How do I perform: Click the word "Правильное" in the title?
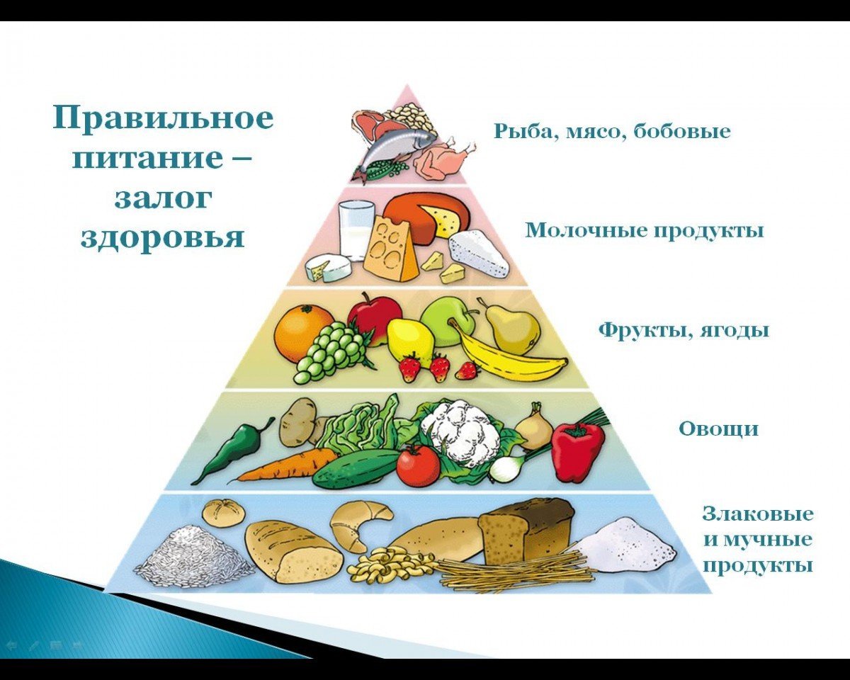pos(162,117)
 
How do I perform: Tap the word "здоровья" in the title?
pos(162,237)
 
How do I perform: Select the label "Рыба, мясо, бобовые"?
pos(611,131)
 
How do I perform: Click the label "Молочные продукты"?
pos(644,230)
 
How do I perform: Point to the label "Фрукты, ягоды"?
pos(683,330)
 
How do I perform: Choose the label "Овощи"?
pos(718,429)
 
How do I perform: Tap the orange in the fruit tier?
pos(303,332)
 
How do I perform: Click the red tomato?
pos(418,466)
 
